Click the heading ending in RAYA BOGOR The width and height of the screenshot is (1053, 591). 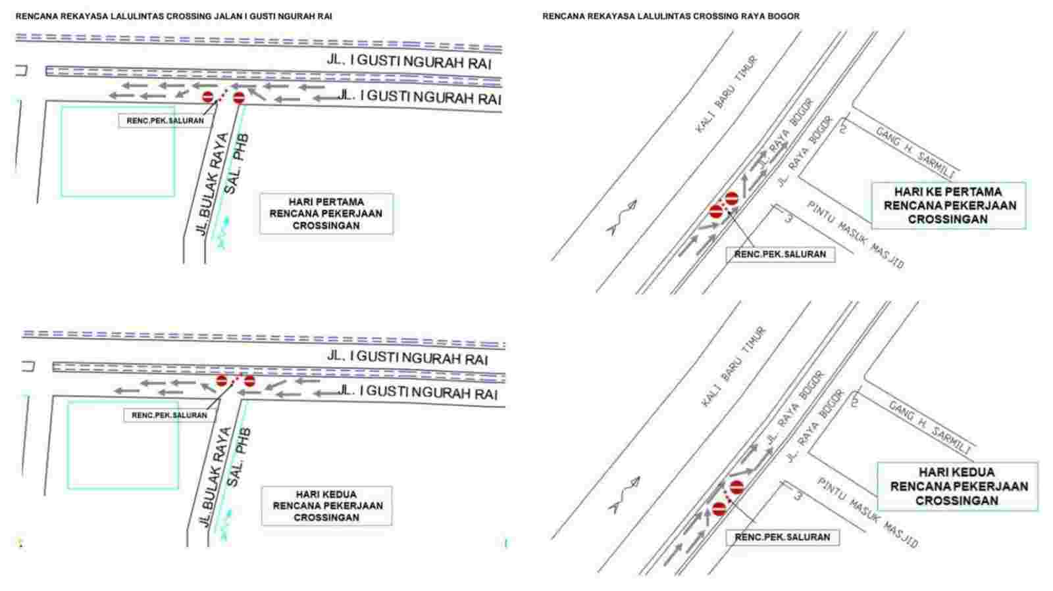pos(671,16)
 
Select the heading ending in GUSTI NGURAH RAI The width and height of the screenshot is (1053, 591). pos(174,16)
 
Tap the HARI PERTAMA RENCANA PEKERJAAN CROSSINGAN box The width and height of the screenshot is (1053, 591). pos(326,214)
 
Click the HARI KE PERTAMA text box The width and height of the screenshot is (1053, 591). pos(948,206)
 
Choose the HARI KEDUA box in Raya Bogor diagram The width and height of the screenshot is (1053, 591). pos(958,486)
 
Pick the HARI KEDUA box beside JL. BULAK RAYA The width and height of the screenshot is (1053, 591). pos(326,506)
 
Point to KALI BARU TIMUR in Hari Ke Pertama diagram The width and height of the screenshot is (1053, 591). pos(727,95)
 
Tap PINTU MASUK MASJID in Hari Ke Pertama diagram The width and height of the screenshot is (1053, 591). pos(856,235)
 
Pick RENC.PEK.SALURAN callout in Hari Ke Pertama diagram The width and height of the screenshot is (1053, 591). pos(781,254)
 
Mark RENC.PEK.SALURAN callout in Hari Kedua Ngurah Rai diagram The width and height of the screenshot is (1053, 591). pos(169,415)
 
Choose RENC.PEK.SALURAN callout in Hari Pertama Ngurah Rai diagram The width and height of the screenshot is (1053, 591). pos(165,121)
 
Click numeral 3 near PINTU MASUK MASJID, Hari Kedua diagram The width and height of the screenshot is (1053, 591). pos(798,495)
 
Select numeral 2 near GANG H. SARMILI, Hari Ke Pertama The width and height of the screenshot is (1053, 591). pos(843,128)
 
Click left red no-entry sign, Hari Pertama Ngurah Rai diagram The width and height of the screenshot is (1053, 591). pos(208,98)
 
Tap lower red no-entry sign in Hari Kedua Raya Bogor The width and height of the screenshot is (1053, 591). pos(719,509)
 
